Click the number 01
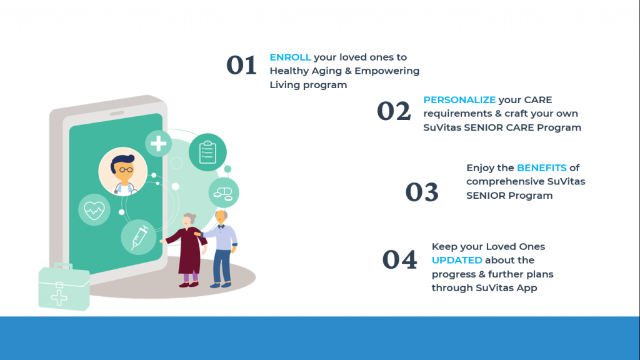242,65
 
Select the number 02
394,111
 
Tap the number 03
422,192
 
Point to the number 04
399,259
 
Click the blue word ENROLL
290,57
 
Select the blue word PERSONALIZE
459,100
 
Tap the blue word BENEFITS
542,167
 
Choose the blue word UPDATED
457,260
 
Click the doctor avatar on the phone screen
123,171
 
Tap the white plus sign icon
158,144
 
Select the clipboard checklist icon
207,152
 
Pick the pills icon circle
224,192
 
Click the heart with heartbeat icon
94,210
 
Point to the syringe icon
139,237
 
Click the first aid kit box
64,287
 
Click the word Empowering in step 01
387,71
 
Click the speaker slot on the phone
117,113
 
